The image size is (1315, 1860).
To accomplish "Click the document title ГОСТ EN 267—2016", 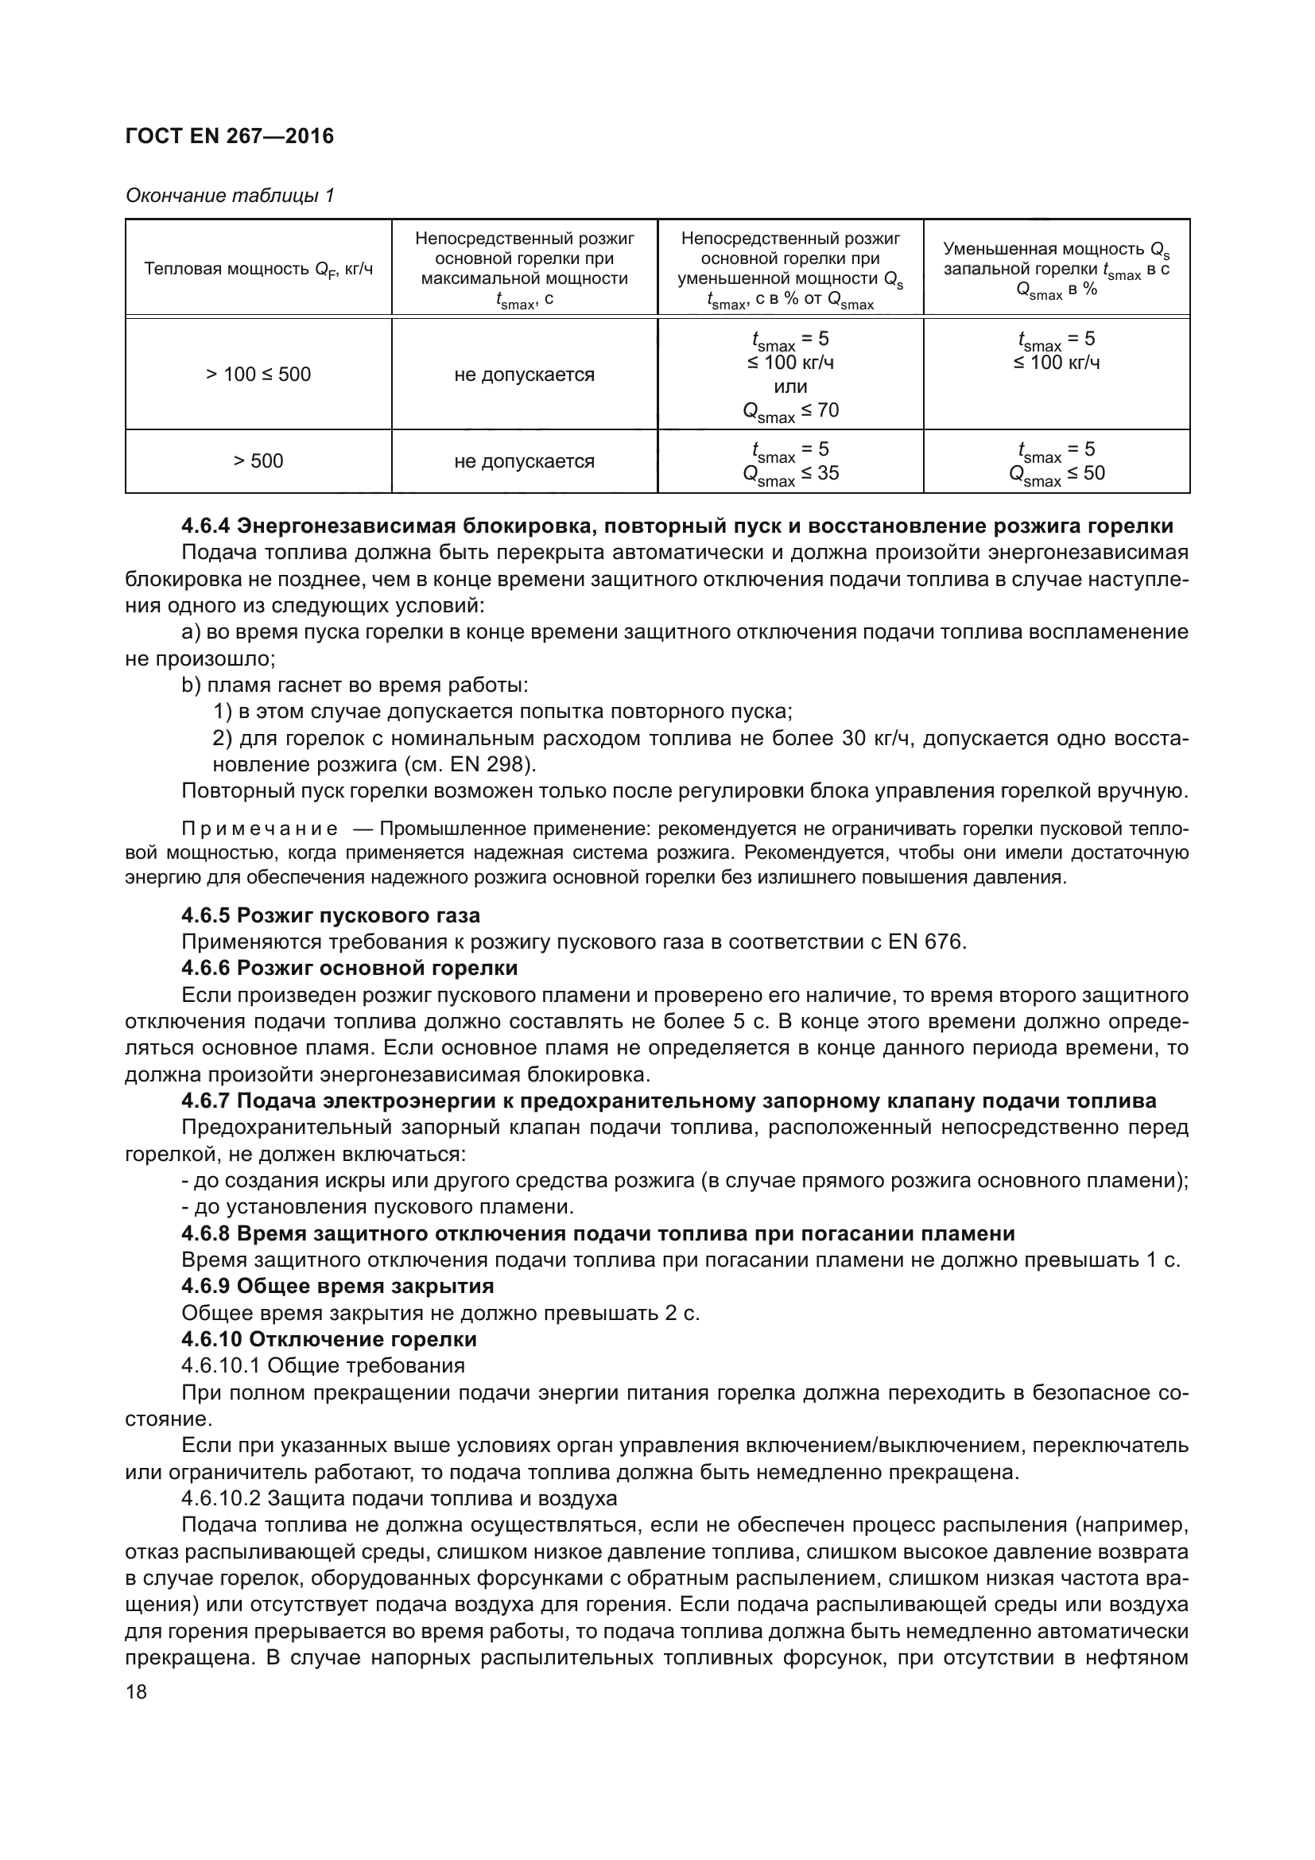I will (229, 136).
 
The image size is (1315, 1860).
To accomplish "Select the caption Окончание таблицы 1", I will (229, 196).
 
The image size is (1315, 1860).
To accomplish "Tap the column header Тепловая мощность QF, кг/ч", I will (258, 269).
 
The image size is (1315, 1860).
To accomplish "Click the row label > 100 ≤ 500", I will (258, 375).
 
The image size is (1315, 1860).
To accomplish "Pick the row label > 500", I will (258, 461).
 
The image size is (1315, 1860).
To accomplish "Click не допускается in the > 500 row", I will (524, 461).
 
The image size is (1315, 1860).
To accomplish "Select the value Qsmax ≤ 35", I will (790, 474).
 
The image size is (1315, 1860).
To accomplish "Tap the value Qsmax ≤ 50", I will (1056, 474).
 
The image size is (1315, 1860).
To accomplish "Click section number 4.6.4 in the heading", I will (206, 526).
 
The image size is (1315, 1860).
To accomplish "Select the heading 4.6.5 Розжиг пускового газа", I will (331, 915).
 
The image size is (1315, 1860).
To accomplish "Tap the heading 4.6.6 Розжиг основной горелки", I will (349, 968).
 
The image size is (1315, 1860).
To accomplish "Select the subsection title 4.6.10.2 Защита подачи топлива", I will (398, 1499).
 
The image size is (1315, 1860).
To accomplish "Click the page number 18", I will (136, 1691).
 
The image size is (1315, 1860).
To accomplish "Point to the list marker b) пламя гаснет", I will (190, 686).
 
